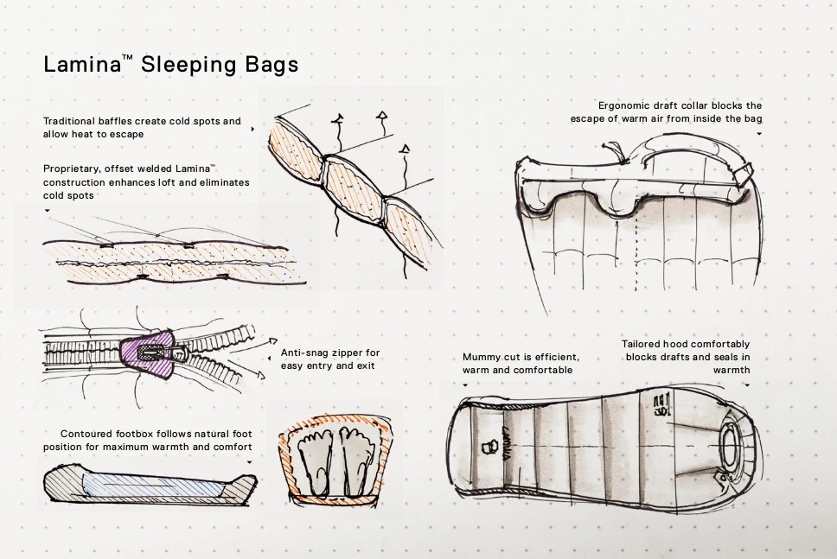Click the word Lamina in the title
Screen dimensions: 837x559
pos(83,65)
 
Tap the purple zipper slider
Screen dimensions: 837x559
pos(148,353)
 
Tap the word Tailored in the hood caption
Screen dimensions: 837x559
pos(642,344)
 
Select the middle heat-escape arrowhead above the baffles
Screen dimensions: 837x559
pos(381,115)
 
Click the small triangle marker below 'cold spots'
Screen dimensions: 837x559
pos(47,211)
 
